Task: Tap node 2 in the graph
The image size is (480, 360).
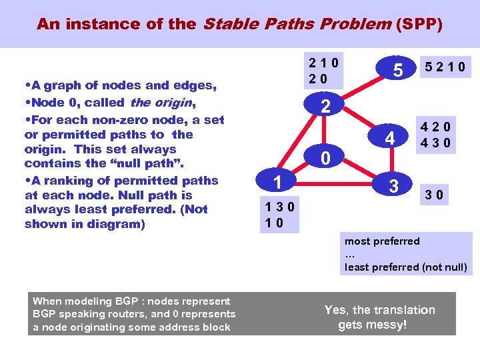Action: [x=325, y=106]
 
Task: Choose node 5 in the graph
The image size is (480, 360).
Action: [x=397, y=69]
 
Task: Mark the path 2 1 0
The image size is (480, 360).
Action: [x=323, y=63]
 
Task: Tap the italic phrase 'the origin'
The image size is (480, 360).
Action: [x=161, y=103]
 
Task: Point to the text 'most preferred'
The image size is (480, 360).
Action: [x=382, y=241]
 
